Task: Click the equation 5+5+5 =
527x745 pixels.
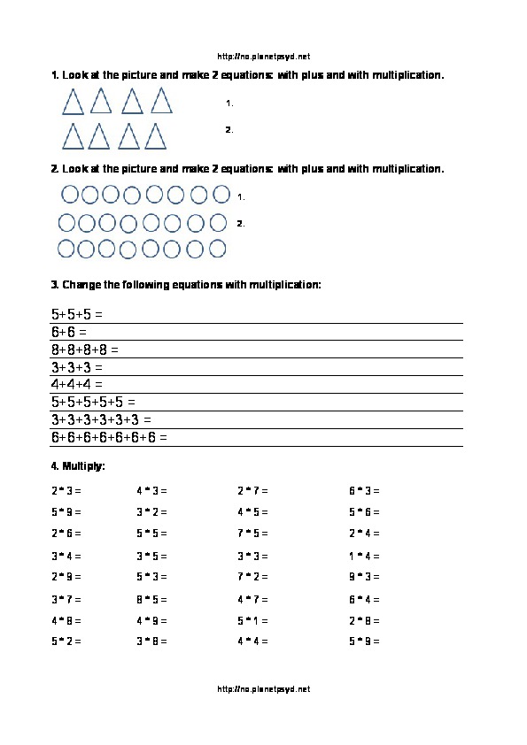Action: pos(77,314)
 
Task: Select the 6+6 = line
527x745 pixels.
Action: pos(69,332)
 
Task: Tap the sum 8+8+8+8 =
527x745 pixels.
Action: pos(85,349)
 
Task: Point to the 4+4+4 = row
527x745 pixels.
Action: pos(77,384)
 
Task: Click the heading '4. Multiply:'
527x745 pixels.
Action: pos(79,465)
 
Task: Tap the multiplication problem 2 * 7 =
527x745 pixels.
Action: pos(252,489)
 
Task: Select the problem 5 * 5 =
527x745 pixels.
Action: pos(151,534)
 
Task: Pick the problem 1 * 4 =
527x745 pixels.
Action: pos(364,556)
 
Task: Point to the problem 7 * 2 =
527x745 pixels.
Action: pos(252,577)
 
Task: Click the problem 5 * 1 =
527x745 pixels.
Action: pos(252,620)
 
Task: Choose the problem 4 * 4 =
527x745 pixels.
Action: pos(252,641)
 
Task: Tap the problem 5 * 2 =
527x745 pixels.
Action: pos(66,641)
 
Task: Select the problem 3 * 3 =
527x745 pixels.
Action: pos(252,556)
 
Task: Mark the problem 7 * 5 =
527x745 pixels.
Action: pos(252,534)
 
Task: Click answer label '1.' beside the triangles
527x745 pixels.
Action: pos(229,104)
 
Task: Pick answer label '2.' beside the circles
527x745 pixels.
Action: pos(240,223)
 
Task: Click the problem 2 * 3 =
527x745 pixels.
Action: pos(66,489)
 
